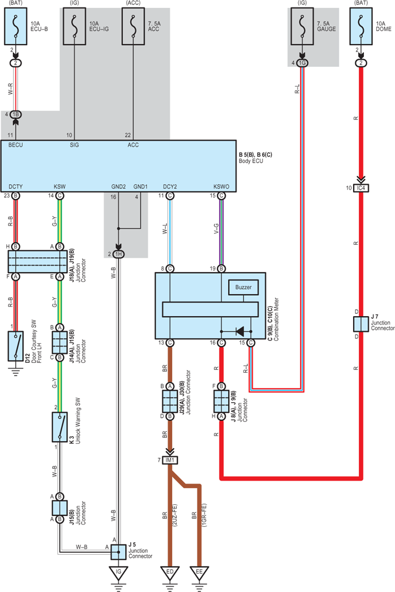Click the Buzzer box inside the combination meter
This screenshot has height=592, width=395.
coord(243,287)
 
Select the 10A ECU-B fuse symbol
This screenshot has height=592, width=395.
coord(15,27)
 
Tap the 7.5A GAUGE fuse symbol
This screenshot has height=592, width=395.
coord(302,27)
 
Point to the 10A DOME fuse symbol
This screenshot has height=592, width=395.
coord(361,27)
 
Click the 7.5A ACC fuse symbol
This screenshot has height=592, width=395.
coord(133,27)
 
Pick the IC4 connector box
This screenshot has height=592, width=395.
coord(361,188)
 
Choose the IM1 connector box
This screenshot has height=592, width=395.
coord(170,460)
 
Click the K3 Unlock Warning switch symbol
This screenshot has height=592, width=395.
coord(59,427)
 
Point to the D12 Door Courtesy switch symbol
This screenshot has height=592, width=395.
coord(15,346)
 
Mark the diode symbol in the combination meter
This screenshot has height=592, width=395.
coord(239,331)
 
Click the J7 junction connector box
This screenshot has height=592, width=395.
coord(361,324)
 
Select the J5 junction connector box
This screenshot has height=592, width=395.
coord(118,552)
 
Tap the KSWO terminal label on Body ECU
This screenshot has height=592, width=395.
coord(221,186)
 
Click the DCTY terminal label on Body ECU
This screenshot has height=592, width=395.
coord(15,186)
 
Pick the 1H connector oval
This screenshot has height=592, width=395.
coord(118,254)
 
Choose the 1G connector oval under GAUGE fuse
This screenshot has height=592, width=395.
coord(302,63)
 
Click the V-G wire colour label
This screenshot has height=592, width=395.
coord(216,228)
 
